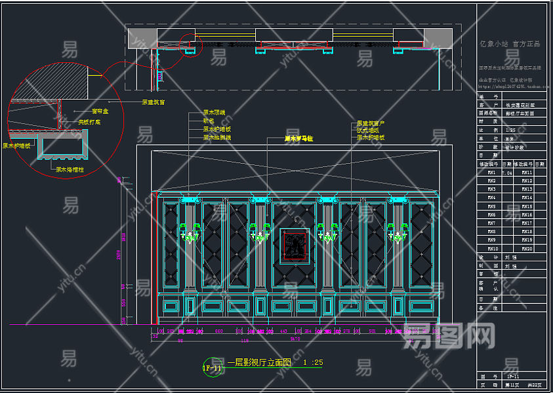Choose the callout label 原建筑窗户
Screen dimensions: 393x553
click(371, 123)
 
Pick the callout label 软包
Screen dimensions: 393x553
click(208, 121)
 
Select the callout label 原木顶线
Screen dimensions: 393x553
click(214, 113)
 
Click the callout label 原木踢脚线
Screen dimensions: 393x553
click(216, 138)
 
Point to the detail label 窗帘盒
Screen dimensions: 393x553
click(100, 111)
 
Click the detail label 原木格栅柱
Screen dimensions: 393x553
click(70, 170)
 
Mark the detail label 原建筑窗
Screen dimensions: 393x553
click(153, 102)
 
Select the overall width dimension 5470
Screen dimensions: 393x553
click(295, 339)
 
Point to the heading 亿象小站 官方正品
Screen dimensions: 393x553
click(510, 44)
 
